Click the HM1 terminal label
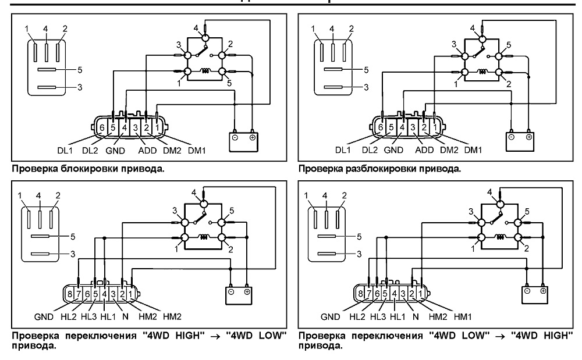pos(463,316)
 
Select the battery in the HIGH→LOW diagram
pos(239,295)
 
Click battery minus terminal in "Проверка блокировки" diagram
pos(235,137)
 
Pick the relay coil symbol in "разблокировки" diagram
pos(481,72)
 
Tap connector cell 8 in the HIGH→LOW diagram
pos(70,294)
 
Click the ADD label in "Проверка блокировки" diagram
pos(147,151)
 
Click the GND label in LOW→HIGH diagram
pos(331,316)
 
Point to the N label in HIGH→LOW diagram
pos(125,316)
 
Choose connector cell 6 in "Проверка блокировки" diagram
pos(102,128)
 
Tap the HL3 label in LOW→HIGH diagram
pos(378,316)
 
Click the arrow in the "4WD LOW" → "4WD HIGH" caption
pos(500,336)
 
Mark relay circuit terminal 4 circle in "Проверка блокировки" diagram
pos(205,38)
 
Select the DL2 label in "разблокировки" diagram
pos(370,150)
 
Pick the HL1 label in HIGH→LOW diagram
pos(108,316)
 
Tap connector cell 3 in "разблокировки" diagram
pos(413,127)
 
